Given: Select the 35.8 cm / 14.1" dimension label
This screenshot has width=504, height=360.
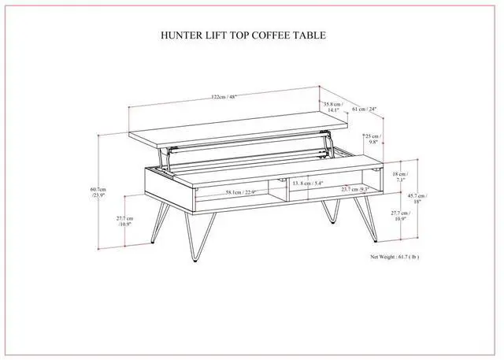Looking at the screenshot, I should [332, 107].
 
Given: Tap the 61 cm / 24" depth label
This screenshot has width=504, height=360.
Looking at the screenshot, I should [365, 109].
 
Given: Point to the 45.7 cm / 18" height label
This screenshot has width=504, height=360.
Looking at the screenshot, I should [414, 199].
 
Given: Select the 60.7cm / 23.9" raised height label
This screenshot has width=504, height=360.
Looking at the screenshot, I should [98, 193].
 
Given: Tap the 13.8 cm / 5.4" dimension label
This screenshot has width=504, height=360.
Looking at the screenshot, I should [308, 184].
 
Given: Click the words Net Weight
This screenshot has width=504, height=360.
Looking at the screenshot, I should [387, 257].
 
